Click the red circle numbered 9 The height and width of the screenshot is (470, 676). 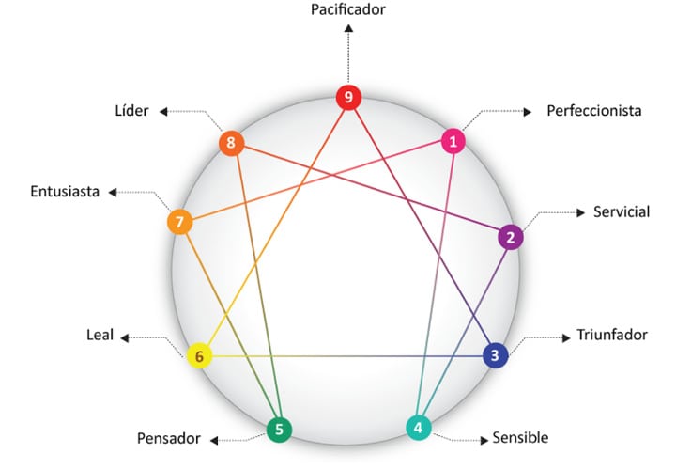(348, 97)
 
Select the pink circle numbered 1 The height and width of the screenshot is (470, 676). (453, 141)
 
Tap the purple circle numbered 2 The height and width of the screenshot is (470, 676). (511, 237)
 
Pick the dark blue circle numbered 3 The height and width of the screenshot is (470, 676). (495, 355)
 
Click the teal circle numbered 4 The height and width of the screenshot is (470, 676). (419, 428)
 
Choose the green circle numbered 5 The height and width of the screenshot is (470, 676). (279, 430)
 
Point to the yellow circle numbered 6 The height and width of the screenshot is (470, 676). (199, 356)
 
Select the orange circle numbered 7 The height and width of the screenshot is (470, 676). (179, 222)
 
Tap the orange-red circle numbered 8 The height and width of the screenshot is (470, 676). (231, 143)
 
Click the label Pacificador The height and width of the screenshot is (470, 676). (348, 9)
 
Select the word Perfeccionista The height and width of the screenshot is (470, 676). (594, 111)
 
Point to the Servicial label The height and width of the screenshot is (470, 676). (622, 211)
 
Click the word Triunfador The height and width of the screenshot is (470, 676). (612, 335)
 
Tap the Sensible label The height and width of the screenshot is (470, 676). (520, 438)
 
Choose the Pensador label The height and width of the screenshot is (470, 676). (169, 438)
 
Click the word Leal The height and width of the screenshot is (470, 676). (100, 335)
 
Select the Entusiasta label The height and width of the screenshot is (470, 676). (65, 191)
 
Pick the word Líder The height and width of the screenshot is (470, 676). (131, 111)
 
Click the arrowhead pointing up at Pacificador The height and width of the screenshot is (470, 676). (348, 28)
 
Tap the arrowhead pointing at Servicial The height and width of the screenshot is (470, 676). (581, 212)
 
